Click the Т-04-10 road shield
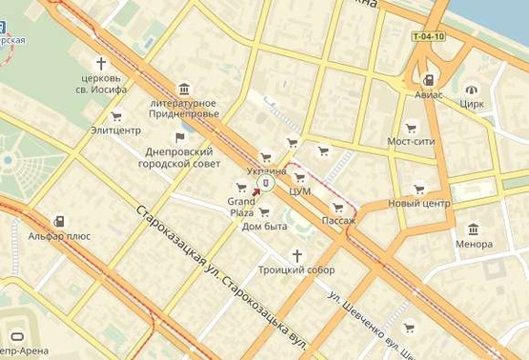tap(429, 37)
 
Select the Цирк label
tap(472, 103)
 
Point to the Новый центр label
tap(418, 204)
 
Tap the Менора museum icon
tap(474, 229)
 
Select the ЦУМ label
tap(300, 190)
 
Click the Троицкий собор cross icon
tap(296, 255)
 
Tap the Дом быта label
tap(265, 226)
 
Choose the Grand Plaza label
tap(240, 207)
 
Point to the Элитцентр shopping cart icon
tap(116, 116)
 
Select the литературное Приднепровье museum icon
tap(181, 88)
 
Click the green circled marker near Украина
tap(268, 182)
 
